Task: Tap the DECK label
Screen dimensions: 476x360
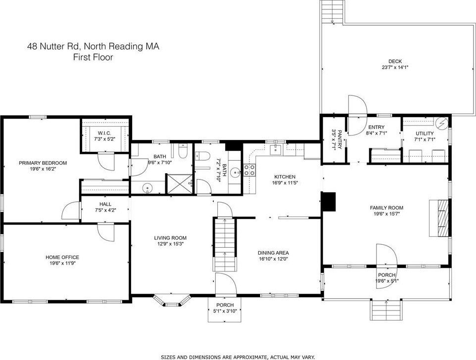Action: [395, 61]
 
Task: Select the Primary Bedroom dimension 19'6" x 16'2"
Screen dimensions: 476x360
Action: [43, 169]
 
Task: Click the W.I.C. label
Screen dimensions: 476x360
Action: [104, 133]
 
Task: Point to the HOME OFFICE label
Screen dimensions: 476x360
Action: [62, 257]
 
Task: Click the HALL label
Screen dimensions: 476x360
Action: [105, 204]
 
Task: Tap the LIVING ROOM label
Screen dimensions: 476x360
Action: [170, 238]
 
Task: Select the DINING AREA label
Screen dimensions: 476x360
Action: [273, 253]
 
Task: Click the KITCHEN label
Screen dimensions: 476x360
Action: [285, 177]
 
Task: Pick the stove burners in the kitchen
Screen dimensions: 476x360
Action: [249, 170]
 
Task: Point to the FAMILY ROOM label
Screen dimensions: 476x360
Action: [386, 208]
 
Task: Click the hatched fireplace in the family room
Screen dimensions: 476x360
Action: [439, 218]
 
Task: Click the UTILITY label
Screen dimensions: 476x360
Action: [425, 134]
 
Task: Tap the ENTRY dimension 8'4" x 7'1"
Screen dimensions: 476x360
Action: [377, 133]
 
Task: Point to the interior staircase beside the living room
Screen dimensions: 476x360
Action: [225, 244]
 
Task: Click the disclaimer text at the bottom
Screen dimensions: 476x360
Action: [238, 357]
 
